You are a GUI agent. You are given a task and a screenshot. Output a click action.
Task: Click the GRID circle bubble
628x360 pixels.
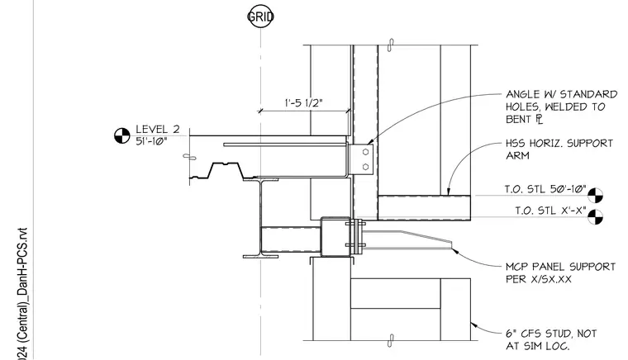coord(261,17)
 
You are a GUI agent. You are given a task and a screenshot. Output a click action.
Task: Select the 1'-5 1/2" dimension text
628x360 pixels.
coord(303,103)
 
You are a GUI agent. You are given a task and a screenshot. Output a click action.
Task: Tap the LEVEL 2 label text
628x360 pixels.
coord(158,129)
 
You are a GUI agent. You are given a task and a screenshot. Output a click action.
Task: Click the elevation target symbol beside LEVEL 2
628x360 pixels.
coord(122,135)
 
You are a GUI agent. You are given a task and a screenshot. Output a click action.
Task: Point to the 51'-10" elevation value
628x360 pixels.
coord(151,141)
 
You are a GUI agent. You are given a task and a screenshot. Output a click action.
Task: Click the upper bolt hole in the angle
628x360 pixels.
coord(365,152)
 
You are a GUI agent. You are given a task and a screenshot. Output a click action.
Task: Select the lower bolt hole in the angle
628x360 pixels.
coord(365,167)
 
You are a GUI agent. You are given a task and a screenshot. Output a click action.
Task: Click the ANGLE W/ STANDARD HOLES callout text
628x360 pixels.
coord(561,107)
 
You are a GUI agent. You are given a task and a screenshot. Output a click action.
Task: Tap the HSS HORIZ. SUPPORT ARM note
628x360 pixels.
coord(559,149)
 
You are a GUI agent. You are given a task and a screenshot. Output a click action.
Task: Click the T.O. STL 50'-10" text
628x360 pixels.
coord(545,189)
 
